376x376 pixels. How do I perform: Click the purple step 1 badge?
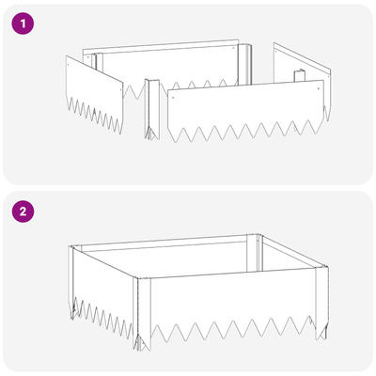click(x=23, y=23)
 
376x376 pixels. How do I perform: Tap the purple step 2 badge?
click(x=23, y=211)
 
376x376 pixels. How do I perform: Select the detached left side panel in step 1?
click(x=94, y=94)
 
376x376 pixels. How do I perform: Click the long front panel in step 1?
click(x=246, y=110)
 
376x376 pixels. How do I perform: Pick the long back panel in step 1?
click(x=166, y=68)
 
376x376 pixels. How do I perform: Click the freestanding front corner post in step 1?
click(x=152, y=108)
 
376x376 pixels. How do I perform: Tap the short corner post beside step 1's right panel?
click(x=299, y=76)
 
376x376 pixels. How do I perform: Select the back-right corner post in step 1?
click(x=244, y=64)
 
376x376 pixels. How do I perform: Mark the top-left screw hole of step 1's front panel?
click(x=173, y=97)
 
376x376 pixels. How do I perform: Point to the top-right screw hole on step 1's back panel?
click(x=233, y=48)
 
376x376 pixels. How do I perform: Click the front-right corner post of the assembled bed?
click(x=322, y=301)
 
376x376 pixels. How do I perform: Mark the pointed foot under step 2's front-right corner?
click(x=321, y=332)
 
